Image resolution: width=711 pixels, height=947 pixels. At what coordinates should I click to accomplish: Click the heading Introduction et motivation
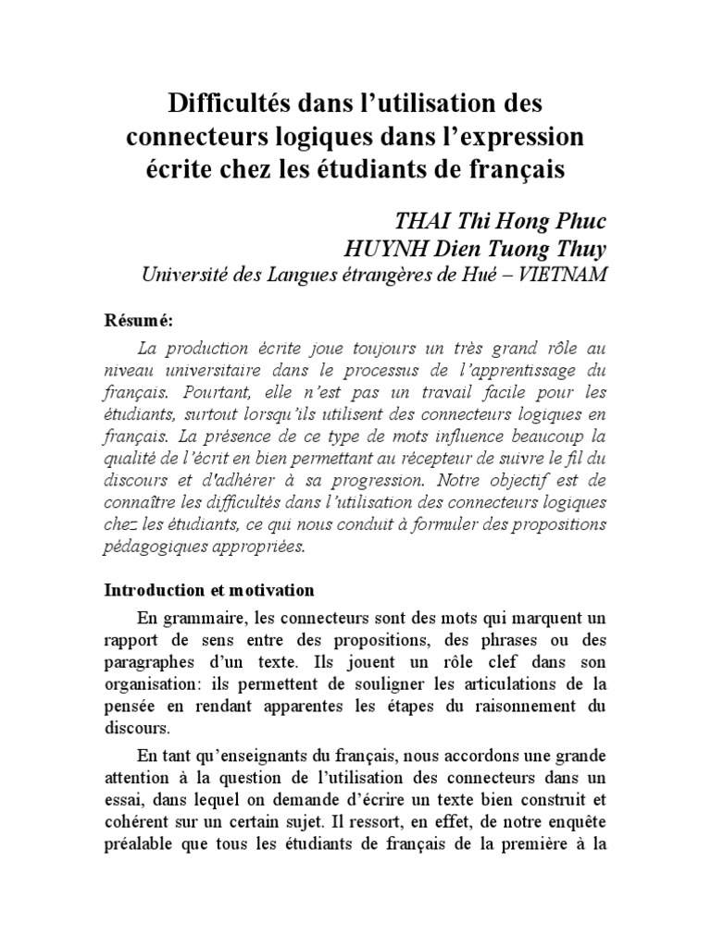209,590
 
